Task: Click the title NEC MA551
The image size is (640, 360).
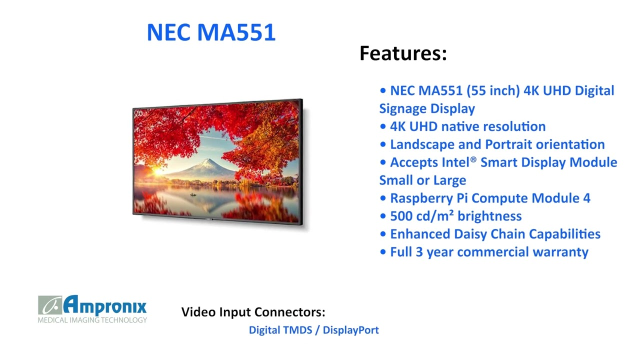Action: coord(211,32)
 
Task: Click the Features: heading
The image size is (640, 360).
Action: coord(403,53)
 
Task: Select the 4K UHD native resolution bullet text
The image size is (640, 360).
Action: coord(467,126)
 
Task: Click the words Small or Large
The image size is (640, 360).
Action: coord(422,180)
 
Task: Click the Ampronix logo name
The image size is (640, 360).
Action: coord(105,305)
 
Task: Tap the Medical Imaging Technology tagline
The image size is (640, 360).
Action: coord(92,320)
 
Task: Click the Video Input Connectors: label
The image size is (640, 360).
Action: coord(253,312)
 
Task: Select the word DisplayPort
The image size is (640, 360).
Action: coord(351,330)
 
